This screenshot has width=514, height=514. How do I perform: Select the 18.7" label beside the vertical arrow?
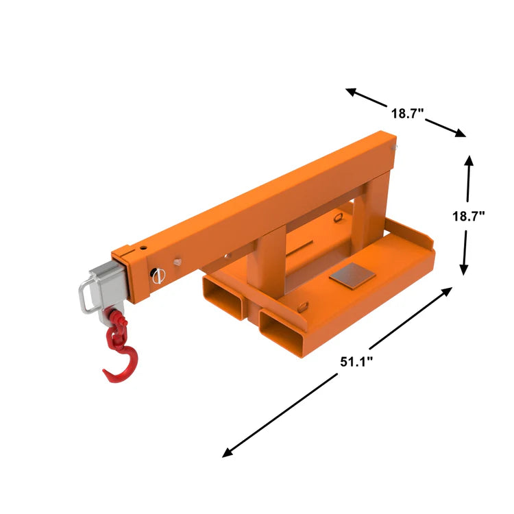pyautogui.click(x=468, y=216)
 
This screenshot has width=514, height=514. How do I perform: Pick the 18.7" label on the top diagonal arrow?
pyautogui.click(x=408, y=114)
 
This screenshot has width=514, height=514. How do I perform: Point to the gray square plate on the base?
pyautogui.click(x=352, y=275)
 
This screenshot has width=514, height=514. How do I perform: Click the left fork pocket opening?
pyautogui.click(x=223, y=295)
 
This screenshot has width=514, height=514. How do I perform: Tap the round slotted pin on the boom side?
pyautogui.click(x=157, y=276)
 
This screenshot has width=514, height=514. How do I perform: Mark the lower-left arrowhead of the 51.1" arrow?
pyautogui.click(x=227, y=454)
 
